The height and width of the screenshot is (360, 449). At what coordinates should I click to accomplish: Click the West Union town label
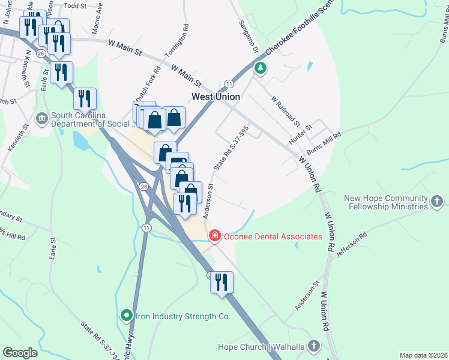[215, 97]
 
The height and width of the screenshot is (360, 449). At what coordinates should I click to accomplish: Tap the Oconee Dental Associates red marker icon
[215, 236]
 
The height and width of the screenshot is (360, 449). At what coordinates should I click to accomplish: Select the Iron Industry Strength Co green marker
[126, 314]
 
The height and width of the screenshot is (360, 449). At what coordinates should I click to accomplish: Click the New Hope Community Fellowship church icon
[438, 202]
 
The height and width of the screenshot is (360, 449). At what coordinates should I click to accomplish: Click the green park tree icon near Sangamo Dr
[261, 68]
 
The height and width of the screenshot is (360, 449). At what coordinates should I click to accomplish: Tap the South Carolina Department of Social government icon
[42, 118]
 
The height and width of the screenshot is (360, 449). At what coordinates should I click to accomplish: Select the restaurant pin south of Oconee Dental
[221, 282]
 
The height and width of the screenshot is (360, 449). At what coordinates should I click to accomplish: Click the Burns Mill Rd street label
[324, 143]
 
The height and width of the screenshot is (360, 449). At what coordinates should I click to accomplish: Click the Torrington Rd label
[186, 38]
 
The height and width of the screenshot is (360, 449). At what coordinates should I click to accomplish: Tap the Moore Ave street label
[98, 20]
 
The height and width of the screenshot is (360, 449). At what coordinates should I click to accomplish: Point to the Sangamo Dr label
[247, 35]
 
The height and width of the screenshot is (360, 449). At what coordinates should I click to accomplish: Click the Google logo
[20, 353]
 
